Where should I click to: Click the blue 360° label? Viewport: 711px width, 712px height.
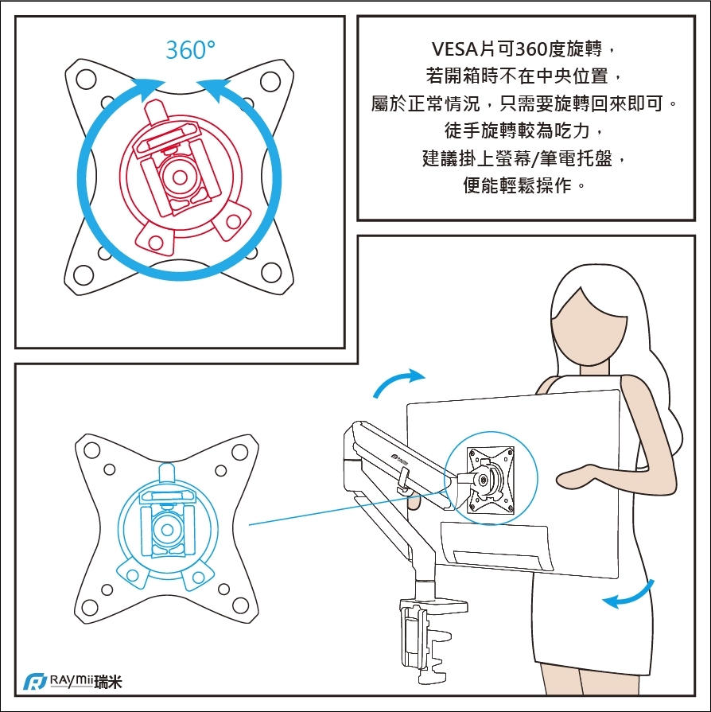[190, 50]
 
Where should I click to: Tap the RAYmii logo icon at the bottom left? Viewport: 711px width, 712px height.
[34, 683]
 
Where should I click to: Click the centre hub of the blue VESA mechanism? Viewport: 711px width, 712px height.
[167, 527]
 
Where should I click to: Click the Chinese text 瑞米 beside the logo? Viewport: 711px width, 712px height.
[107, 683]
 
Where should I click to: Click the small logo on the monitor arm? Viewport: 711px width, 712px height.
[399, 457]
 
